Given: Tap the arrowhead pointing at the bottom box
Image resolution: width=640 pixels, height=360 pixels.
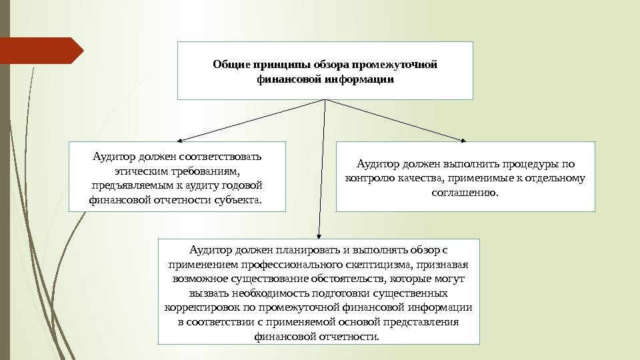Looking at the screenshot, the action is point(319,235).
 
